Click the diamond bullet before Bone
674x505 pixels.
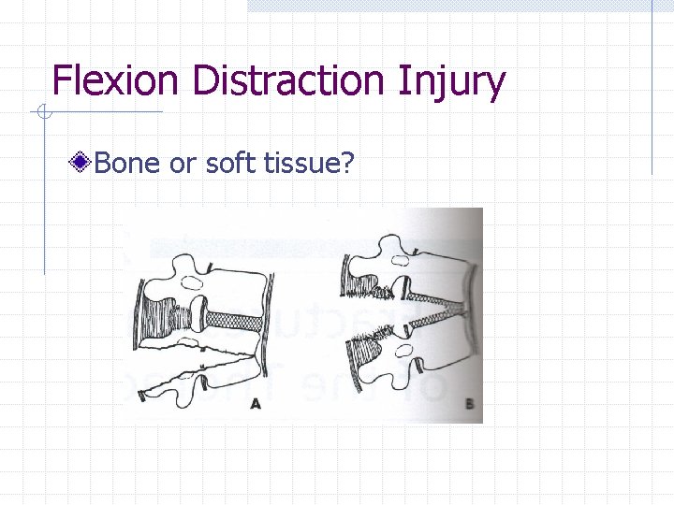82,164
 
